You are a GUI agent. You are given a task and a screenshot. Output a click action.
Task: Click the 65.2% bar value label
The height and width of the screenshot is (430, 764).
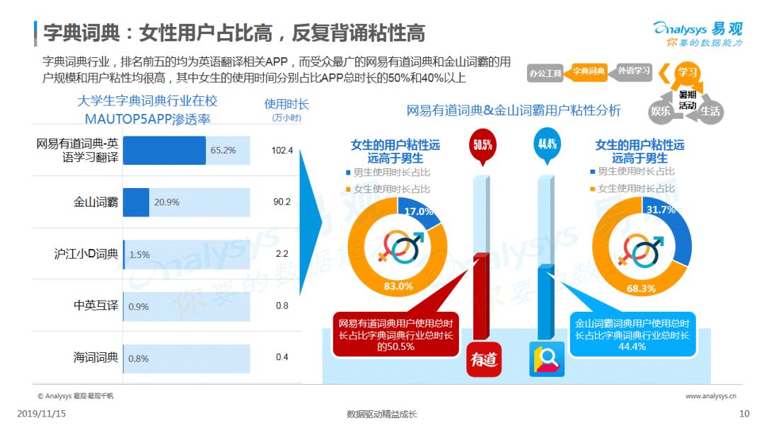pos(223,151)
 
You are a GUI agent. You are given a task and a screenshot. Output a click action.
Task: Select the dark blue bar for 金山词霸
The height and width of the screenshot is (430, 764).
pos(136,202)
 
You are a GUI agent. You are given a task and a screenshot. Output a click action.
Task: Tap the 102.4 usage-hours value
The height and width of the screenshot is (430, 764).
pos(282,151)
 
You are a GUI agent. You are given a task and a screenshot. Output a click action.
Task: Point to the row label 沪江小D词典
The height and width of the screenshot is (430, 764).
pos(86,254)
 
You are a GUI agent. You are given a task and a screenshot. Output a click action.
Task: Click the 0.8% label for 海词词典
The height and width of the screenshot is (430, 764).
pos(139,359)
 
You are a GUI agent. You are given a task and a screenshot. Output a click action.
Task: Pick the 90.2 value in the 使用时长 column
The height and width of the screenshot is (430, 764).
pos(282,202)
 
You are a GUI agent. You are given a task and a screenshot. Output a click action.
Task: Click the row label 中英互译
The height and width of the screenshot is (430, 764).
pos(96,306)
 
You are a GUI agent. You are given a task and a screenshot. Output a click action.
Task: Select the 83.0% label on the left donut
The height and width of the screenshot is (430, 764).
pos(398,286)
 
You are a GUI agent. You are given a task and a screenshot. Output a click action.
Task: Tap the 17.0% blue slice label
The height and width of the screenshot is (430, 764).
pos(419,211)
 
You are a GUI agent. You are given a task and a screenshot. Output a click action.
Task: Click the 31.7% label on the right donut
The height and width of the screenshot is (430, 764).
pos(661,210)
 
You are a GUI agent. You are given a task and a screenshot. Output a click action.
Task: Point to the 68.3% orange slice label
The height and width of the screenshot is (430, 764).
pos(641,289)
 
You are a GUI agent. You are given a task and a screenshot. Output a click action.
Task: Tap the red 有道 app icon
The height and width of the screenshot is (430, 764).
pos(484,359)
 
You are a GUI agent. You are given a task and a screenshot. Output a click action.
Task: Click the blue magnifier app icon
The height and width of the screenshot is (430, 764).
pos(547,359)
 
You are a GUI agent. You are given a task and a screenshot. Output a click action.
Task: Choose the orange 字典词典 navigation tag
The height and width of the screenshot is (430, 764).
pos(587,72)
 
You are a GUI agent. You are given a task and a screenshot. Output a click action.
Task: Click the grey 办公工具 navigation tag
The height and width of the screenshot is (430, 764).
pos(545,74)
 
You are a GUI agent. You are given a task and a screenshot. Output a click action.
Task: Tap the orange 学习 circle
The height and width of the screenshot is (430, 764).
pos(687,73)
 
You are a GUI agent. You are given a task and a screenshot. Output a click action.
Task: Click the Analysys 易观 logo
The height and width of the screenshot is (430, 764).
pos(698,34)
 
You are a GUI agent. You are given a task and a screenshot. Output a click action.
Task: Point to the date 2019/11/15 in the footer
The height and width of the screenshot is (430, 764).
pos(42,414)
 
